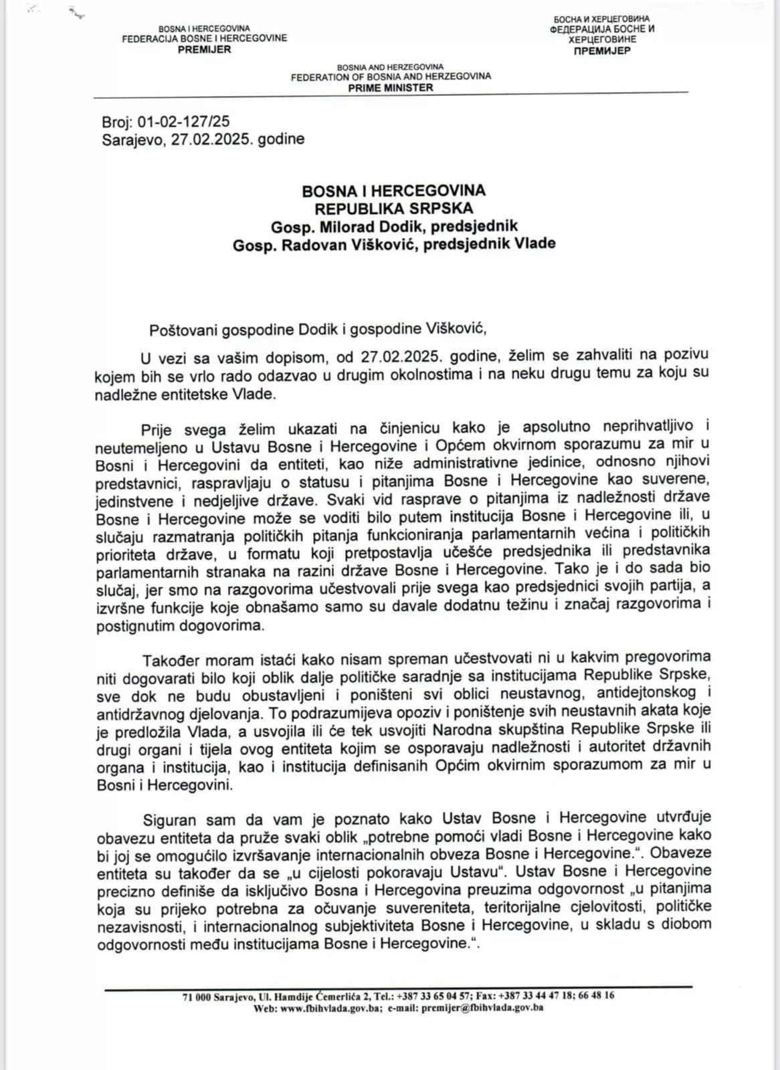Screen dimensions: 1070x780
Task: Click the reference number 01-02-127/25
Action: [x=183, y=122]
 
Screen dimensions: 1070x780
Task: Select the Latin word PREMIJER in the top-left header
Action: [x=204, y=49]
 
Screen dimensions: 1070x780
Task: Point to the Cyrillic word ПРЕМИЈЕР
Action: [x=602, y=50]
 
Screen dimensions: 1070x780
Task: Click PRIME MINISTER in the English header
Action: [x=391, y=88]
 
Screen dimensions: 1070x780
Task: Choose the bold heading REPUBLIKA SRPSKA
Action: [x=393, y=209]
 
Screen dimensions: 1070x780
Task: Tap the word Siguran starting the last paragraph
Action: [x=170, y=819]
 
